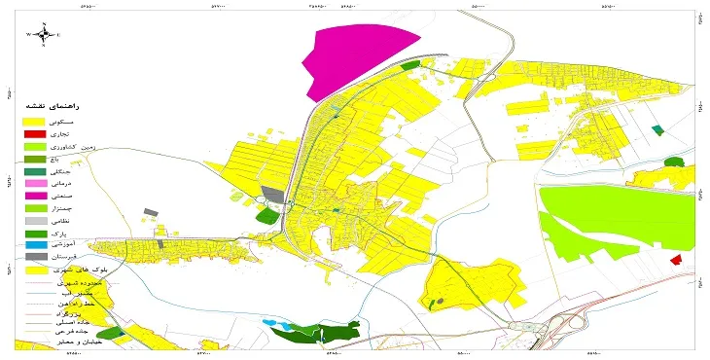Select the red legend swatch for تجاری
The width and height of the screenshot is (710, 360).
[x=35, y=132]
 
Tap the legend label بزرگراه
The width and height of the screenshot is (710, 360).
[x=96, y=312]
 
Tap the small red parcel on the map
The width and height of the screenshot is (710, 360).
[x=676, y=260]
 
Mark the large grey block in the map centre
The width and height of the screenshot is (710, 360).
[x=273, y=196]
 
